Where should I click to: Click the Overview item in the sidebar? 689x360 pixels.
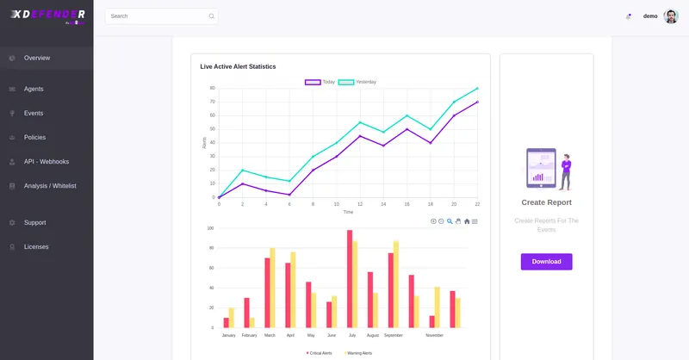(37, 58)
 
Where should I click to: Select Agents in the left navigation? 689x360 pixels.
(34, 89)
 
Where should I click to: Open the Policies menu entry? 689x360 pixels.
(34, 137)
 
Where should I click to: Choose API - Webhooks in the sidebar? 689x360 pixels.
(47, 161)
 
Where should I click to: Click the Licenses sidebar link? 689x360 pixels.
(36, 246)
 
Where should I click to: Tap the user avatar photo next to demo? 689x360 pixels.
(671, 16)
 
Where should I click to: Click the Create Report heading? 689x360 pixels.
(546, 202)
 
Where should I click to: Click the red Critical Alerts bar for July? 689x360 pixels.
(350, 278)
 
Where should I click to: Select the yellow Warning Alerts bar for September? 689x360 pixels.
(396, 283)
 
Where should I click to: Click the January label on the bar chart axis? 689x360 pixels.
(228, 335)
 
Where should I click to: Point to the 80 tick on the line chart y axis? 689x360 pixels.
(212, 88)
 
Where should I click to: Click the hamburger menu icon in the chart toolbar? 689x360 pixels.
(475, 221)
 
